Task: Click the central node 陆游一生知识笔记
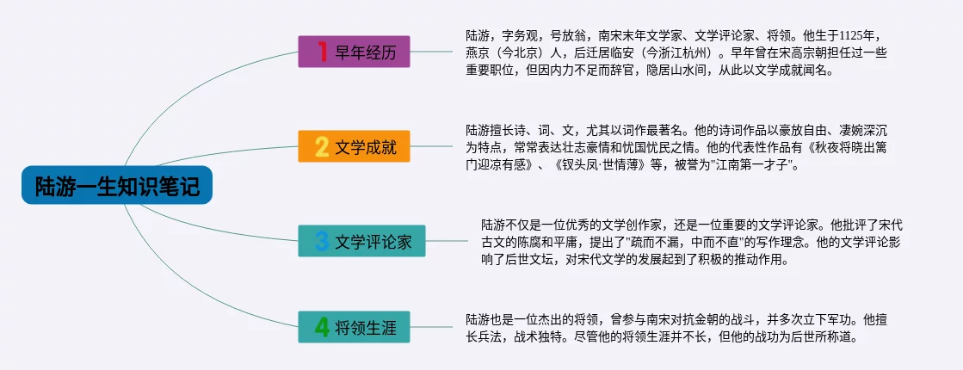[117, 185]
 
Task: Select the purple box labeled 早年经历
[354, 52]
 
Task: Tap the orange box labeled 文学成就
[354, 146]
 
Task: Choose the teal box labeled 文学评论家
[361, 241]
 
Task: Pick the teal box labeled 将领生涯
[354, 327]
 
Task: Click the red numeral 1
[321, 52]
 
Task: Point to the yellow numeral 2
[322, 146]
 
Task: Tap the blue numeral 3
[322, 241]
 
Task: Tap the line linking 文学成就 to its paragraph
[431, 146]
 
